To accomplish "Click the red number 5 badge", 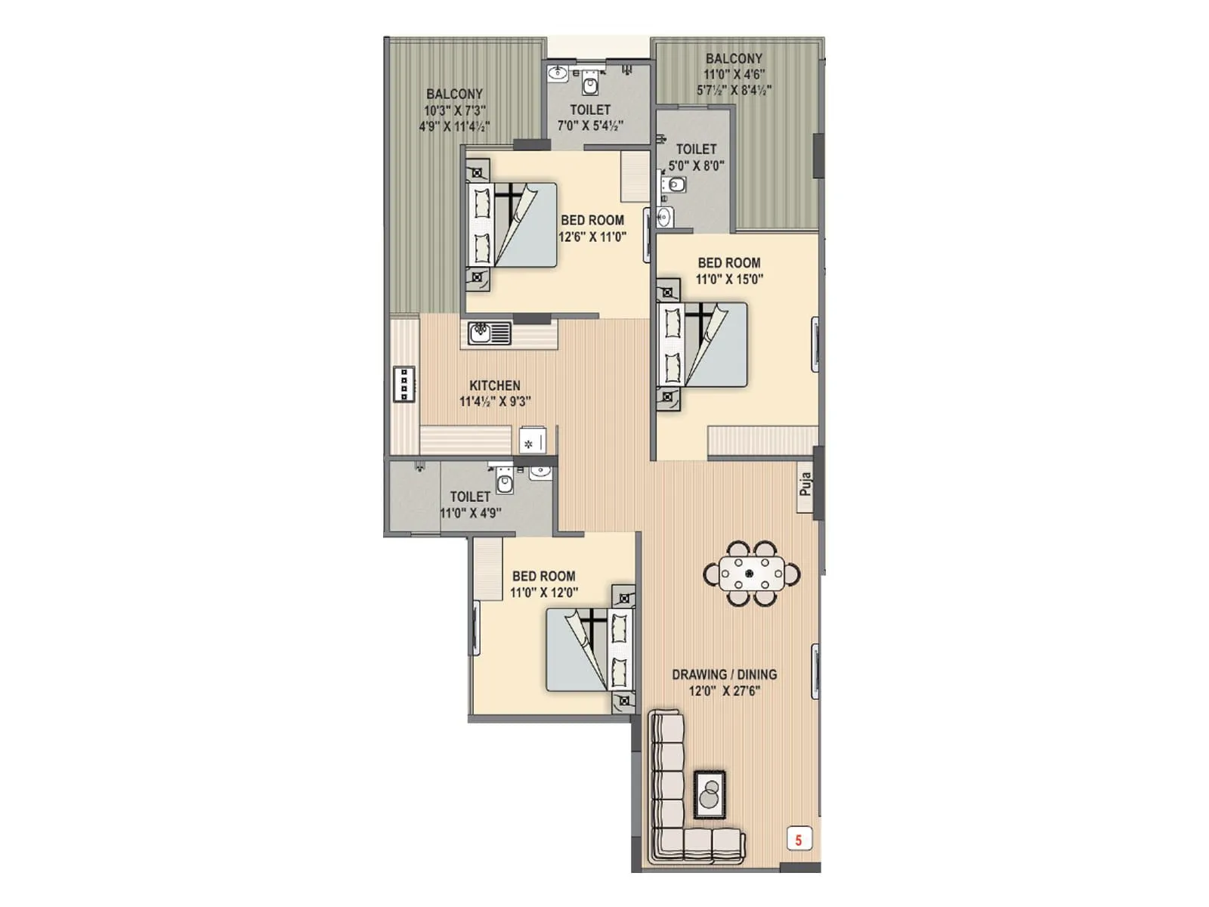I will pos(799,839).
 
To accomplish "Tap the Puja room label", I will pos(805,484).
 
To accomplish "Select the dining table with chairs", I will pos(750,574).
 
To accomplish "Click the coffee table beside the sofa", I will pos(710,794).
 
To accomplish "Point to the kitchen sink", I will pos(490,333).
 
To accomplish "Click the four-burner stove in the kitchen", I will pos(404,384).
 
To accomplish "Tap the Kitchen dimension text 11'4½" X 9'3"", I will pos(495,402).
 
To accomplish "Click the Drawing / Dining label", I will pos(724,674).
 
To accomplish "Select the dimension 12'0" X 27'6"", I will pos(724,691).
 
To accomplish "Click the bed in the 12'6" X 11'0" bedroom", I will pos(514,224).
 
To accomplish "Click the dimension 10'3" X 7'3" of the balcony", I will pos(454,110).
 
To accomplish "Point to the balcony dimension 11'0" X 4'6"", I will pos(734,74).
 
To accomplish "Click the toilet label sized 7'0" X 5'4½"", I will pos(590,110).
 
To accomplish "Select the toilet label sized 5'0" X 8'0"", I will pos(696,149).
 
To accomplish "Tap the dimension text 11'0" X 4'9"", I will pos(470,513).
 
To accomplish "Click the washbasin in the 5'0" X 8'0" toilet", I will pos(664,218).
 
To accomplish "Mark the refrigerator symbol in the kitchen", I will pos(532,442).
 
